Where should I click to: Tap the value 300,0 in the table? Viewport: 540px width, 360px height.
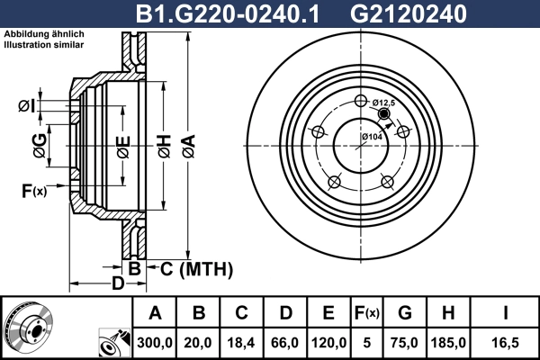155,341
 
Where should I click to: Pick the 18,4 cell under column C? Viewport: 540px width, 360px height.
242,341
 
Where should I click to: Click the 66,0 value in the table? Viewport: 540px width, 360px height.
285,341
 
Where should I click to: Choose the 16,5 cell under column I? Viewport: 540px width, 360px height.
504,341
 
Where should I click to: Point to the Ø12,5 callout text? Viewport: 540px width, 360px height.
384,103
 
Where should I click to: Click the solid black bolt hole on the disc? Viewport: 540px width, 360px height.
384,114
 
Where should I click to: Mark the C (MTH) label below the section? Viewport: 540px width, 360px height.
196,268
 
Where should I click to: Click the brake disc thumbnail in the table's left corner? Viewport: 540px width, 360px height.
27,328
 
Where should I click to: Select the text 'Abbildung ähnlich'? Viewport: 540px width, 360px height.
44,33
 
